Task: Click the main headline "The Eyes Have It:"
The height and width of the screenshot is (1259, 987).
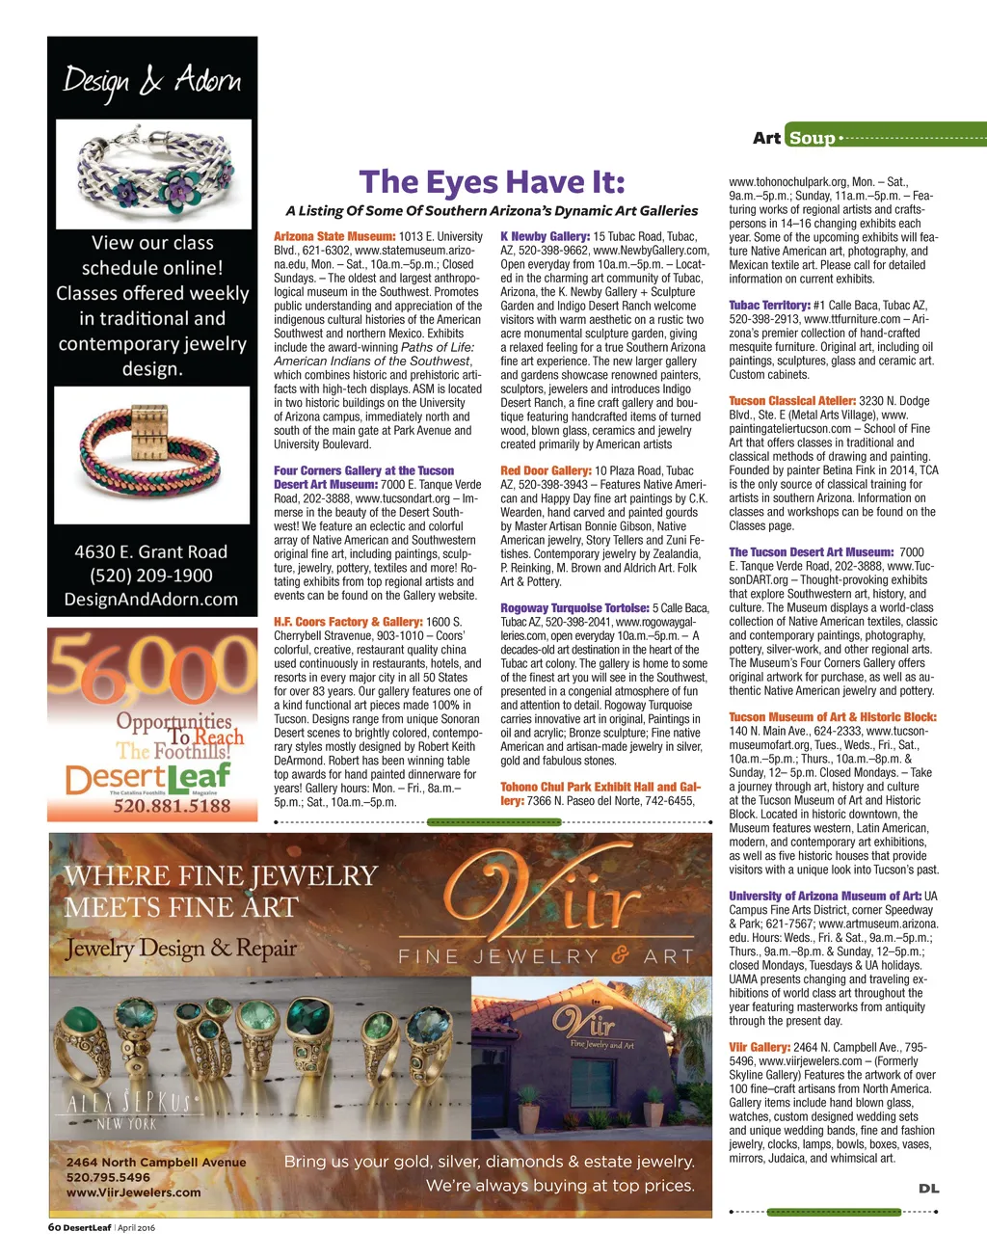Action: point(492,182)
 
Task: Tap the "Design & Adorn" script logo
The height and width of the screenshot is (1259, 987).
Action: point(152,81)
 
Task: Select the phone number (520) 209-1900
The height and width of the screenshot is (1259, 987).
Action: point(151,576)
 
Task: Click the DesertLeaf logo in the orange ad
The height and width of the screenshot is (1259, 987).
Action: point(148,777)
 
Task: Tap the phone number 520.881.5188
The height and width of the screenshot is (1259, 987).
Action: point(172,806)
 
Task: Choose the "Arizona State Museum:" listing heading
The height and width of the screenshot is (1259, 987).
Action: point(334,236)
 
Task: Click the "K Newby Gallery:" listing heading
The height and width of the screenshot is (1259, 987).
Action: point(545,236)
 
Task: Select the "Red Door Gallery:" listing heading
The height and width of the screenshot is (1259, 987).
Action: point(546,470)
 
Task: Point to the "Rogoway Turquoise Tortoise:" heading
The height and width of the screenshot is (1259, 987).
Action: point(574,608)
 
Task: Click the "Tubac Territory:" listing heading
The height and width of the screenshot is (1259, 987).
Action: point(769,306)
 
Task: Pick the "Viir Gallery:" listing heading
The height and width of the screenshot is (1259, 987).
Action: point(760,1047)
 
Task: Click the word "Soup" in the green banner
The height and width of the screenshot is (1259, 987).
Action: point(812,138)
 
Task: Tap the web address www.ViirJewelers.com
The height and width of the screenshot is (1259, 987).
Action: point(133,1192)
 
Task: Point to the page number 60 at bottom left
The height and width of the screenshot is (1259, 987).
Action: point(54,1227)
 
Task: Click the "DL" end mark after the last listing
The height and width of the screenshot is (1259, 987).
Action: point(928,1189)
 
